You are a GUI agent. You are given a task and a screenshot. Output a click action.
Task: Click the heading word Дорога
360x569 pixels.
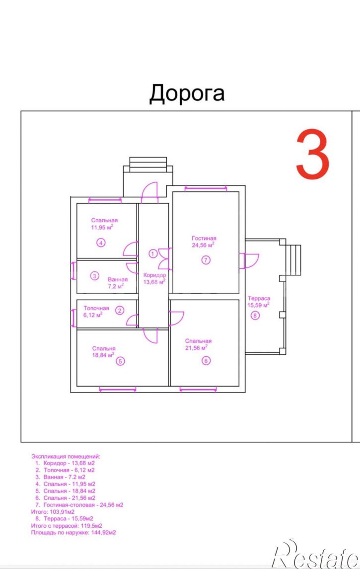tap(187, 93)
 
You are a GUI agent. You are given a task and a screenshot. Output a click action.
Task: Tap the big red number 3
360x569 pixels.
tap(312, 154)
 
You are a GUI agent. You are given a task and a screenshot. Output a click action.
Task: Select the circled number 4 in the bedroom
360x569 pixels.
tap(101, 243)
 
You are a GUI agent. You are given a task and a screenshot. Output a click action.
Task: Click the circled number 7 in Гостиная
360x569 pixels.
tap(206, 260)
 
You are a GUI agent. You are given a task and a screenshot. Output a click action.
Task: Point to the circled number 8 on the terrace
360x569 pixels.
tap(255, 316)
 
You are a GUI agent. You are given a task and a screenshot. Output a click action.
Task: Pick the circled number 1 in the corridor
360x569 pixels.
tap(153, 253)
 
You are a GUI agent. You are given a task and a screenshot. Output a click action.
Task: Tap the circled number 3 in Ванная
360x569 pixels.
tap(94, 276)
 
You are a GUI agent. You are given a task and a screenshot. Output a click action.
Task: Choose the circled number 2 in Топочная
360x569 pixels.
tap(120, 310)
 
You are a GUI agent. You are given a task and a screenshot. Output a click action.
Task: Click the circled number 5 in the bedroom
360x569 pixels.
tap(120, 361)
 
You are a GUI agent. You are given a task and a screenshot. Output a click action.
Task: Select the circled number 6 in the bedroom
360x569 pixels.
tap(206, 361)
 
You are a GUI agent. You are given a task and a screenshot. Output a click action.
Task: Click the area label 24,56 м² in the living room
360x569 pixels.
tap(203, 245)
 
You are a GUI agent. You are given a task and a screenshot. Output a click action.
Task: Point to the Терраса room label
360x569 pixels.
tap(259, 298)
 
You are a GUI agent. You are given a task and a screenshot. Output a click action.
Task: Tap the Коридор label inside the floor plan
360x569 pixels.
tap(155, 275)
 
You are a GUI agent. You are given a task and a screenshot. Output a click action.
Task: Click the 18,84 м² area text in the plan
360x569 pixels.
tap(103, 355)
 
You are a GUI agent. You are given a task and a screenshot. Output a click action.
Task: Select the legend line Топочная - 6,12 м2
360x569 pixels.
tap(69, 470)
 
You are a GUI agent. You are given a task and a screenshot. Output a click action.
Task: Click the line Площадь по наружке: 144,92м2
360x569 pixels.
tap(73, 533)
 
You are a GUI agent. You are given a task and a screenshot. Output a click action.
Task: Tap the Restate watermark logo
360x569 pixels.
tap(315, 554)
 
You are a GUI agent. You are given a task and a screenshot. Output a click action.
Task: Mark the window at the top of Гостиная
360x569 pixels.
tap(206, 188)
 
